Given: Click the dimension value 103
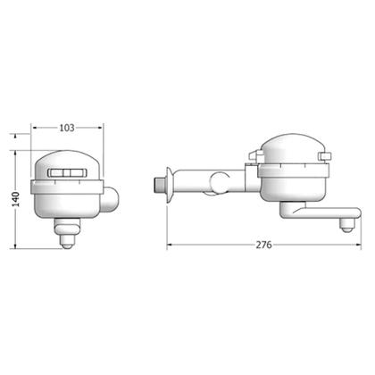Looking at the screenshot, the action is tap(67, 128).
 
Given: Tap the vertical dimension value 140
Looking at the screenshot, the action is tap(15, 199).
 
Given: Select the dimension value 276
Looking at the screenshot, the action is tap(264, 245).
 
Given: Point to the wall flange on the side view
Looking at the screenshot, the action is tap(170, 185).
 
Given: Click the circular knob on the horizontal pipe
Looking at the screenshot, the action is tap(220, 183).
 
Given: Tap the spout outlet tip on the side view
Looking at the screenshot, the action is tap(346, 227).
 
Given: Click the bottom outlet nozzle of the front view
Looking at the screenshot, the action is tap(67, 241).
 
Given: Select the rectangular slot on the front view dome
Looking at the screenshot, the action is tap(68, 173).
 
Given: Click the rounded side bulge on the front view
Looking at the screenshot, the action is tap(110, 199).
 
